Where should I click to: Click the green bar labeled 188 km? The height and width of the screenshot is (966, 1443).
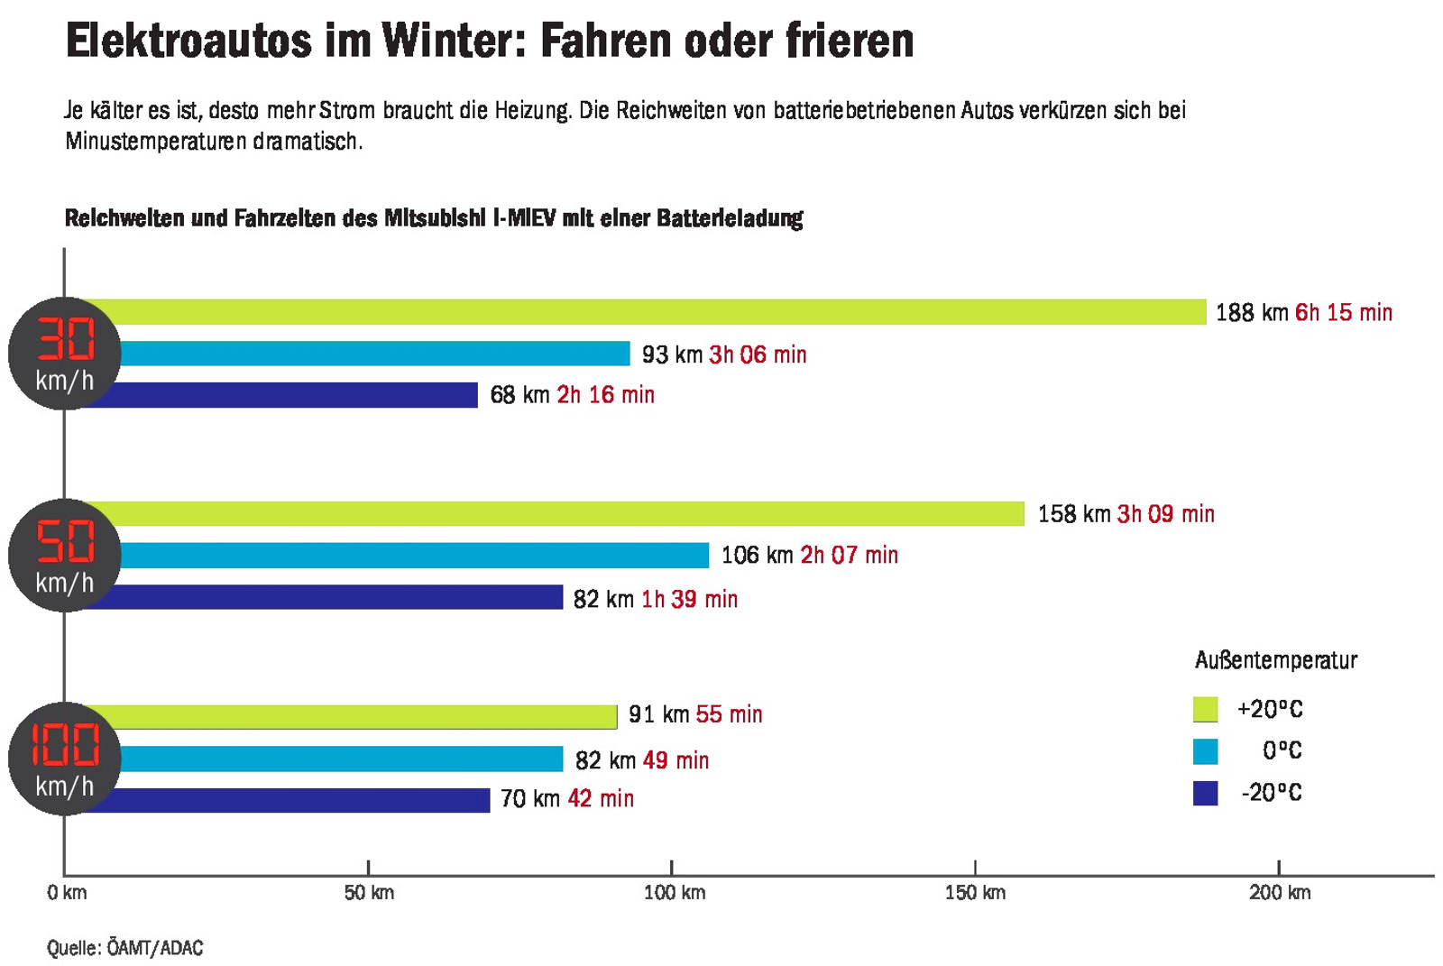(x=663, y=312)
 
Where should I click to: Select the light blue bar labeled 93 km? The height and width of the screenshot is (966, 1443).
(x=374, y=354)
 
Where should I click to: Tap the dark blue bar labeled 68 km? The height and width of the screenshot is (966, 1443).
(x=298, y=395)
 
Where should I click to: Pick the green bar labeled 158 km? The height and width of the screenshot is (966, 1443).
(x=573, y=513)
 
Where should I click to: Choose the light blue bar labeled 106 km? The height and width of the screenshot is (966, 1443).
(x=415, y=555)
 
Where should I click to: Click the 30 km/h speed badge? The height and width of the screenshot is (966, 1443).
(x=65, y=354)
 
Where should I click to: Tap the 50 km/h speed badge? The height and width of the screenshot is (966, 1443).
(x=65, y=556)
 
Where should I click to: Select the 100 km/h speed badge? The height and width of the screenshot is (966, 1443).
(x=65, y=759)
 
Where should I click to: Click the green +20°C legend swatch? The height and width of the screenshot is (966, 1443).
(x=1205, y=709)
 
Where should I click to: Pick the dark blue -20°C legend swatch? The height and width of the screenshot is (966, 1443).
(x=1205, y=793)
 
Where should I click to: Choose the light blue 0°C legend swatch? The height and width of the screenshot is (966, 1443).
(x=1205, y=750)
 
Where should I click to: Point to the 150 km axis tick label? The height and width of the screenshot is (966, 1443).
(x=975, y=893)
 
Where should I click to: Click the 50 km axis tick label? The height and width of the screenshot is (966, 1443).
(x=369, y=893)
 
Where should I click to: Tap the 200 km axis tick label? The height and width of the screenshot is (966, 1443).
(x=1279, y=893)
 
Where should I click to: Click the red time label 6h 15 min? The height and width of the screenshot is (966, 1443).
(x=1343, y=313)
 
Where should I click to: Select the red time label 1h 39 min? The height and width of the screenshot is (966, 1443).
(x=689, y=599)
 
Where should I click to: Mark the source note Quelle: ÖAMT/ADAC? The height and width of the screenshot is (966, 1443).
(x=125, y=948)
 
